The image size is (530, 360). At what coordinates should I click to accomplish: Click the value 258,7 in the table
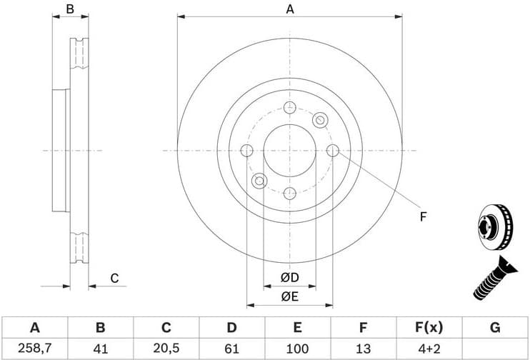34,349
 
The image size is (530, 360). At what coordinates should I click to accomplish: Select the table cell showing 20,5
166,349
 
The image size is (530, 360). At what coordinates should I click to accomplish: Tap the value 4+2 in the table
429,349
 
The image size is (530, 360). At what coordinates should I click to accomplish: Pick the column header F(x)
429,328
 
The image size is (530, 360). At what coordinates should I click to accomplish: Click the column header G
495,328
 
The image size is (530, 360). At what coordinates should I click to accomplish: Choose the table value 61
231,349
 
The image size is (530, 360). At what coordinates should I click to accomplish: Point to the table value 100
297,349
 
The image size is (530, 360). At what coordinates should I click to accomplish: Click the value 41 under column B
100,349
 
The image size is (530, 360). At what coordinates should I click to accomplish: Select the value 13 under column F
363,349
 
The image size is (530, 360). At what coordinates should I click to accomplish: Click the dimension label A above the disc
290,9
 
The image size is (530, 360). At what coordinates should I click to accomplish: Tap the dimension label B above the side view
70,9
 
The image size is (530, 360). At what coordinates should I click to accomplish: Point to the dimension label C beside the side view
114,279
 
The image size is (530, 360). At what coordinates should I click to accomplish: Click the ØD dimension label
289,277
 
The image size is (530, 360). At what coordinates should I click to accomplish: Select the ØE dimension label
289,296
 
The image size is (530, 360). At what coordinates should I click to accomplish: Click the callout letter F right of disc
423,216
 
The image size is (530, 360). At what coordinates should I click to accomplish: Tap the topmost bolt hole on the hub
289,108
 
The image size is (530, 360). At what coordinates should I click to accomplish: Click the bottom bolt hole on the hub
289,193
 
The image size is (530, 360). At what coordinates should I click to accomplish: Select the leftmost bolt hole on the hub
247,151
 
